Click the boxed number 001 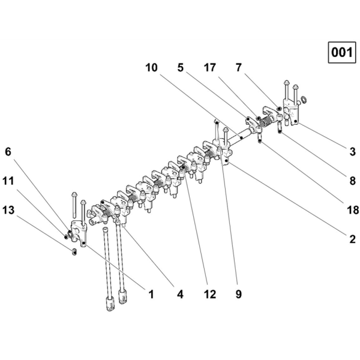[342, 52]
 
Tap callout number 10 [152, 68]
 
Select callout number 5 [181, 68]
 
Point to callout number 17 [210, 68]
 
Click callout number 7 [239, 68]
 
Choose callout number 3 [352, 152]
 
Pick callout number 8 [352, 181]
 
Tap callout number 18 [353, 210]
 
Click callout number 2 [352, 239]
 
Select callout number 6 [8, 152]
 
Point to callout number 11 [8, 181]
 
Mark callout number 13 [8, 210]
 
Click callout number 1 [151, 294]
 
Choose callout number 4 [180, 294]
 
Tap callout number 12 [210, 294]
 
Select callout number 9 [239, 294]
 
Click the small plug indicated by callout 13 [74, 252]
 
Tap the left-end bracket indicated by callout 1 [79, 233]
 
